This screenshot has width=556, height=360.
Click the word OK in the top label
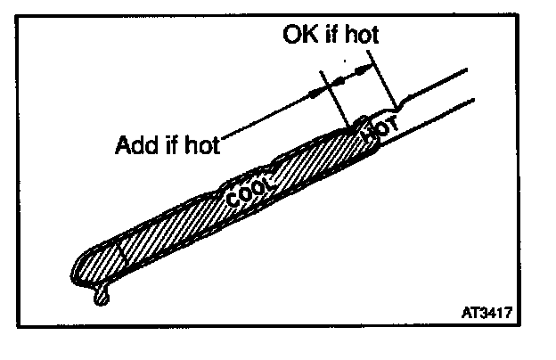[298, 37]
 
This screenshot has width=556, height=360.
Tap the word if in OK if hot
[329, 37]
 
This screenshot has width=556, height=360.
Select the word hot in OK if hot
[359, 37]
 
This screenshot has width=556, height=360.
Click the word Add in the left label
[133, 144]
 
